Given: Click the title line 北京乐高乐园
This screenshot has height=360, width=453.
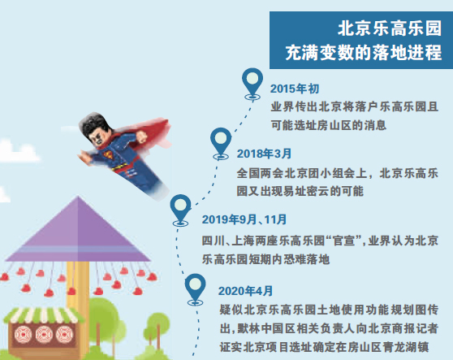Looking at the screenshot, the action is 390,28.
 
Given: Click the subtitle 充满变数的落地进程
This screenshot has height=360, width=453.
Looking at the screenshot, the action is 364,52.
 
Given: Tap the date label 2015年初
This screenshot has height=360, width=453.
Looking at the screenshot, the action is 295,89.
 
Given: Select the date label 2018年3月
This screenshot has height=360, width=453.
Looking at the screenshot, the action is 264,154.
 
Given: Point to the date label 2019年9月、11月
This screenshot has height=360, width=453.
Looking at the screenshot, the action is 244,219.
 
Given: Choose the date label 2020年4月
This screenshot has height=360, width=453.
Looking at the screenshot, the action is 245,291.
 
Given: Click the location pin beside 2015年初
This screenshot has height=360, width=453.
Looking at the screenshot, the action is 252,84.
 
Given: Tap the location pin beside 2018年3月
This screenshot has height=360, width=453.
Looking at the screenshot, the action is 221,144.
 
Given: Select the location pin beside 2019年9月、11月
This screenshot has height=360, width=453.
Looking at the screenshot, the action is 180,210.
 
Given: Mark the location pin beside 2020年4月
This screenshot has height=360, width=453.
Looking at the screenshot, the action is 196,289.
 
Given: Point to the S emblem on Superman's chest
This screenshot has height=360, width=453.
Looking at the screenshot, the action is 109,155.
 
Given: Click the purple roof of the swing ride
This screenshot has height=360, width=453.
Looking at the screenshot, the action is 78,232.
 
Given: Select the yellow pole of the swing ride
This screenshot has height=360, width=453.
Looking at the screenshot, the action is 77,289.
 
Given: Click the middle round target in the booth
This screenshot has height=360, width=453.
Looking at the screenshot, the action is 44,335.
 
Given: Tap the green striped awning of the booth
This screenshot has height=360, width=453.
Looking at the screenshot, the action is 43,315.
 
